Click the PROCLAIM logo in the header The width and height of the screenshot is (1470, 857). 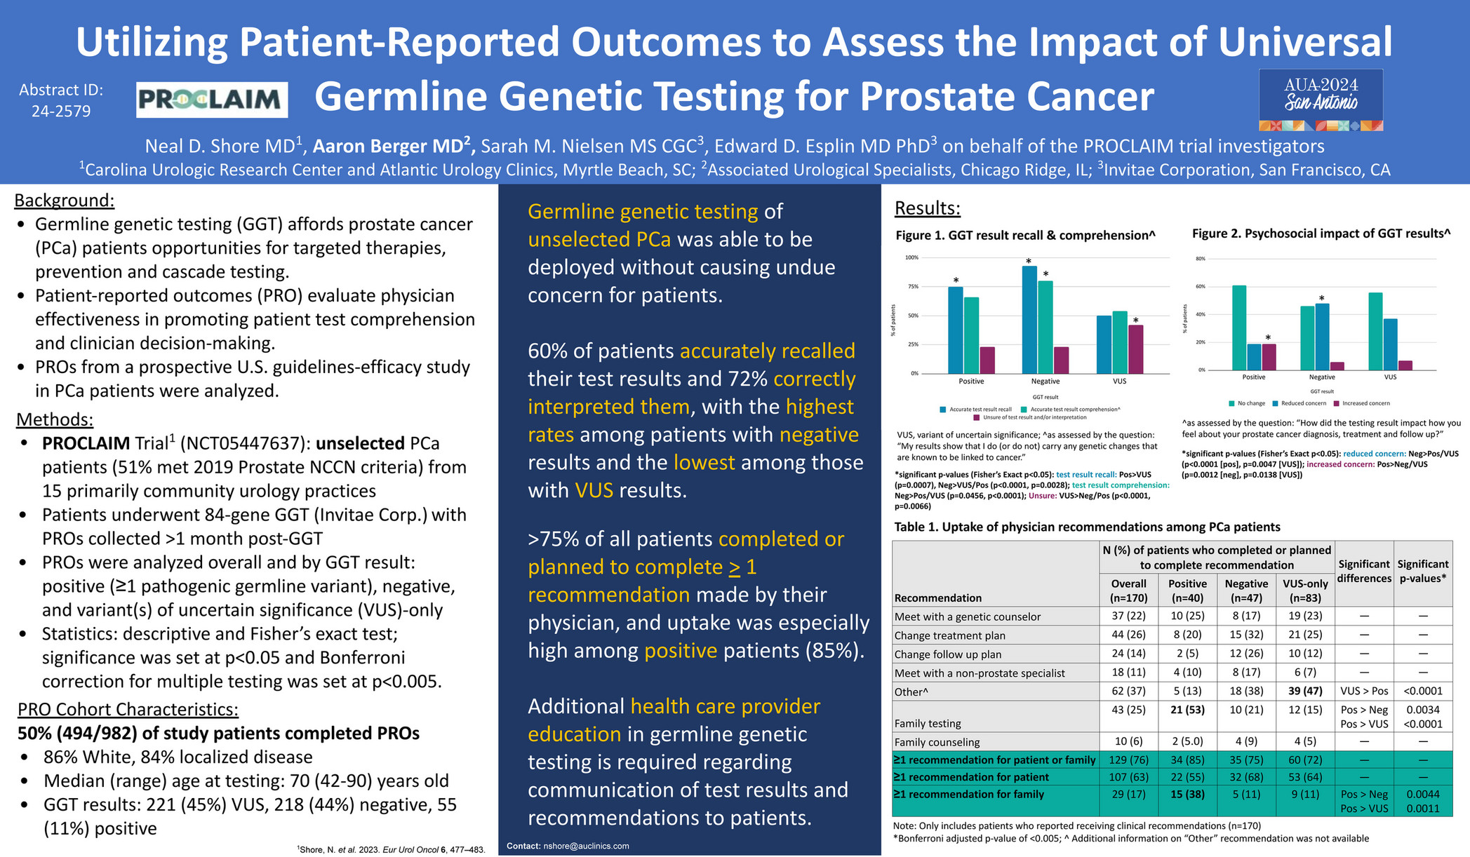click(212, 100)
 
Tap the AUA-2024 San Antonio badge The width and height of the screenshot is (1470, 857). click(1321, 100)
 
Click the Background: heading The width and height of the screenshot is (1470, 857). click(64, 201)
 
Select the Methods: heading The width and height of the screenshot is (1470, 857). click(55, 419)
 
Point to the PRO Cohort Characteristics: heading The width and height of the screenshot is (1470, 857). click(128, 709)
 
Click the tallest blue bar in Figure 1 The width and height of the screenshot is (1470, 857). click(1029, 320)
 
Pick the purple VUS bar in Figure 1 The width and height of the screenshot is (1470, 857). click(1135, 349)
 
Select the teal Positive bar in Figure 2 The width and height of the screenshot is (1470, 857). click(1239, 328)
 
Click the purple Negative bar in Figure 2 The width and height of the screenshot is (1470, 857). click(1337, 366)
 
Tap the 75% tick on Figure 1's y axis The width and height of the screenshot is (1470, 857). click(913, 287)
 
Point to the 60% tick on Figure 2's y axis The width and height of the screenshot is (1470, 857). click(1201, 287)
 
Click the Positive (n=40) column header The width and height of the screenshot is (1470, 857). click(1187, 591)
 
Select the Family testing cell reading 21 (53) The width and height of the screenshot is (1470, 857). click(1187, 710)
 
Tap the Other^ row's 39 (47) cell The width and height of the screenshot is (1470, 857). click(1305, 691)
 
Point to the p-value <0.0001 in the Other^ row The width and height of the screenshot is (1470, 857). click(1422, 691)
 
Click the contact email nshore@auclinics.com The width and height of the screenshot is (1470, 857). click(586, 846)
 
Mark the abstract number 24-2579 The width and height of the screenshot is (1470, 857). click(61, 112)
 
